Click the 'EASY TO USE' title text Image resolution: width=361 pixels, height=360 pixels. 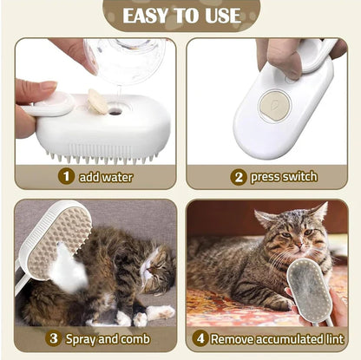pos(180,15)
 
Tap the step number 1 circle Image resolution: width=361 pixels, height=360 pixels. pos(65,176)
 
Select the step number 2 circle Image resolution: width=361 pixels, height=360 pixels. pos(238,176)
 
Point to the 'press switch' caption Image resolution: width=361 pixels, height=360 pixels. pos(284,176)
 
